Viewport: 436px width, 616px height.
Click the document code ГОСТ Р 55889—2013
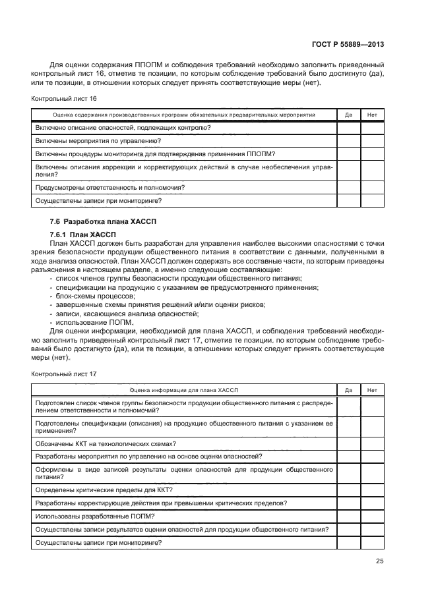[348, 44]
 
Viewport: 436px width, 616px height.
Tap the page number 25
[379, 561]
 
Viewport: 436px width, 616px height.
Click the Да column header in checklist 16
[348, 115]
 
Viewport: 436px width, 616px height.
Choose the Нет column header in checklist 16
[372, 115]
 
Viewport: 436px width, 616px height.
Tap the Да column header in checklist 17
[348, 390]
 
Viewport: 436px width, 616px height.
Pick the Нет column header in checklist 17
[372, 390]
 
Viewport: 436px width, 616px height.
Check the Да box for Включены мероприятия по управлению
[348, 140]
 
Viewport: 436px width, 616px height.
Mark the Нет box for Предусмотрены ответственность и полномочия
[372, 188]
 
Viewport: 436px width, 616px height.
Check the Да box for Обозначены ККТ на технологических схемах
[348, 443]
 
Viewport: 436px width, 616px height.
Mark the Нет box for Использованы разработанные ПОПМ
[372, 516]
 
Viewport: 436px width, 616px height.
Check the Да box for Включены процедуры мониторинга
[348, 154]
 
